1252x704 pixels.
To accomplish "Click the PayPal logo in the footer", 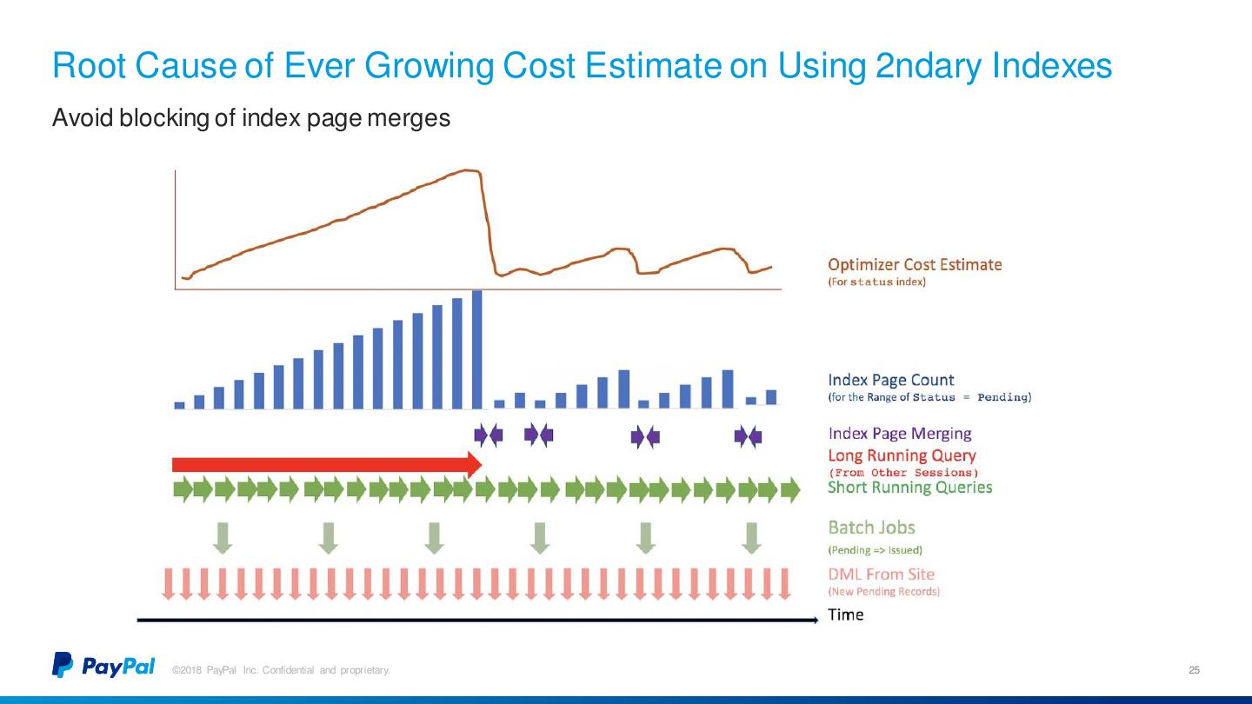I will click(x=103, y=666).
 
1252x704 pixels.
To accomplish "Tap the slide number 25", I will click(x=1194, y=670).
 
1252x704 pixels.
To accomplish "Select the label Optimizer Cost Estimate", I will click(x=914, y=264).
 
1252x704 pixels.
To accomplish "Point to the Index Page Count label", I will click(x=890, y=380).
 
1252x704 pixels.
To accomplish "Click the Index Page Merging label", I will click(x=899, y=433).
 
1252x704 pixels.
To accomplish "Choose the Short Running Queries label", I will click(x=909, y=487).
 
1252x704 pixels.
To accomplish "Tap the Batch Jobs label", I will click(x=871, y=527).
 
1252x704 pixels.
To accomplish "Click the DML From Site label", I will click(x=881, y=574).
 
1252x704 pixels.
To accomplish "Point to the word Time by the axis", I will click(x=845, y=614).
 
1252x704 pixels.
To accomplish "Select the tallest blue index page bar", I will click(x=476, y=349).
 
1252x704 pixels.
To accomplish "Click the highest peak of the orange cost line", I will click(x=470, y=169).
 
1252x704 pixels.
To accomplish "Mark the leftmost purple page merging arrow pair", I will click(x=488, y=435).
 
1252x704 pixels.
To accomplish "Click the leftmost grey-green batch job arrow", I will click(x=223, y=537).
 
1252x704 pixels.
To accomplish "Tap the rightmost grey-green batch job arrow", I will click(x=751, y=537).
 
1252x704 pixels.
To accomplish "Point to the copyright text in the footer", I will click(x=281, y=670).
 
